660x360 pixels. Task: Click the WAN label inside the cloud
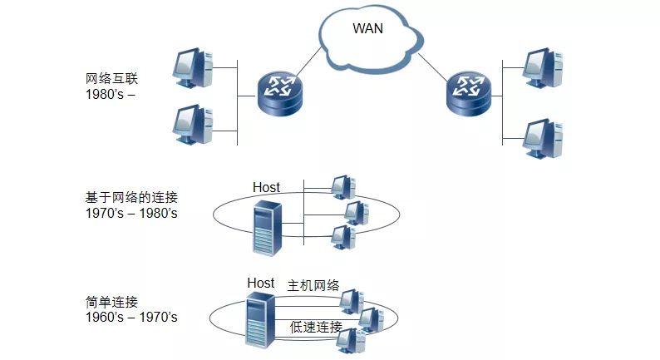367,28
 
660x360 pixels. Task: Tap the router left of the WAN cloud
280,93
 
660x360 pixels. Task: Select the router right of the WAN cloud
469,93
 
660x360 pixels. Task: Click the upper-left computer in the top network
193,68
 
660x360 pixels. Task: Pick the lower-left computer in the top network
193,124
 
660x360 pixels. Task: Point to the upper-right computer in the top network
543,68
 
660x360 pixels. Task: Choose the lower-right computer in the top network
543,139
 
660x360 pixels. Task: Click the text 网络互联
111,79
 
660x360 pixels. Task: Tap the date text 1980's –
111,94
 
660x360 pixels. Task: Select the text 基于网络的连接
131,197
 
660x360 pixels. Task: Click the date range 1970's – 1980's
131,213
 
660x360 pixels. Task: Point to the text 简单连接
111,302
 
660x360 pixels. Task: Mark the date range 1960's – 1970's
131,317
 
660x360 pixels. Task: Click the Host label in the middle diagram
266,187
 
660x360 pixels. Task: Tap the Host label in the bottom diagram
260,283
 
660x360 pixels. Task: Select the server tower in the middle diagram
267,228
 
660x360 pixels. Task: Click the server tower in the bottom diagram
260,320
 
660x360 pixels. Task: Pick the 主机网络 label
313,285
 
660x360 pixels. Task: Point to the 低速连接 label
316,327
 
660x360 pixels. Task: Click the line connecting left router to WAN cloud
309,62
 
